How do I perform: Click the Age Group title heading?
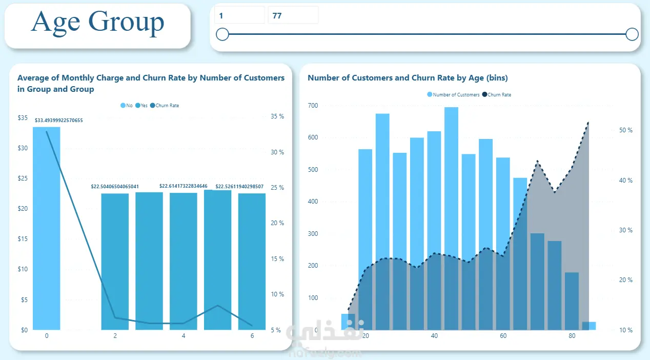tap(97, 22)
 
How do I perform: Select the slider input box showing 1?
tap(239, 15)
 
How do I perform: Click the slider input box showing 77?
tap(292, 15)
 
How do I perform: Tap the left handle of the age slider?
tap(222, 34)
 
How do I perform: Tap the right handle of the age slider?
tap(632, 34)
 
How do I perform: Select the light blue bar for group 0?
tap(47, 228)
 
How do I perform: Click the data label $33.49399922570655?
tap(59, 121)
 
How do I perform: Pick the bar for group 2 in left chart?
tap(115, 262)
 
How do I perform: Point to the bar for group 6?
tap(252, 262)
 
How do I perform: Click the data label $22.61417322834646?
tap(184, 186)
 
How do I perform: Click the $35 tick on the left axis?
tap(23, 117)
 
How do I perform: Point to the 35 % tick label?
tap(277, 116)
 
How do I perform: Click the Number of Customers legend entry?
tap(453, 95)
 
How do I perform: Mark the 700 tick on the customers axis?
tap(313, 106)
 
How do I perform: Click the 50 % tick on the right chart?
tap(626, 130)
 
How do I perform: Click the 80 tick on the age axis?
tap(572, 336)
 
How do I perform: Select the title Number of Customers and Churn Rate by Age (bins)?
tap(408, 78)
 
